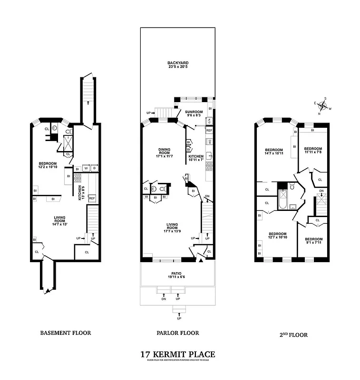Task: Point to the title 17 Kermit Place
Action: pyautogui.click(x=177, y=354)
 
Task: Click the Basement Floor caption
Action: pyautogui.click(x=65, y=333)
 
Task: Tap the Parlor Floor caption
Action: pyautogui.click(x=177, y=333)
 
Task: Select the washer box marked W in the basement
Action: pyautogui.click(x=86, y=168)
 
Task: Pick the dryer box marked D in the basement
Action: pyautogui.click(x=94, y=168)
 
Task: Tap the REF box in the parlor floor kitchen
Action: pyautogui.click(x=209, y=130)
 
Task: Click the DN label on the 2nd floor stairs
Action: pyautogui.click(x=321, y=191)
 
